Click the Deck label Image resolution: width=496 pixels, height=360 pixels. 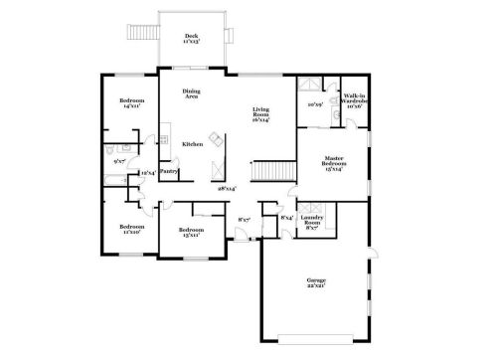(192, 40)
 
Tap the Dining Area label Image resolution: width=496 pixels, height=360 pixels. (192, 95)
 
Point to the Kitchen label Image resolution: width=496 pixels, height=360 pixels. (193, 144)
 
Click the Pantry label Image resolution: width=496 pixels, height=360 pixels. (169, 170)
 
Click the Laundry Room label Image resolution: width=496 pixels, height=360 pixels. (311, 224)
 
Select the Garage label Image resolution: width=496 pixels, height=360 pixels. (316, 283)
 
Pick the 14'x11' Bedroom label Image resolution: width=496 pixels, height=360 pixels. (132, 102)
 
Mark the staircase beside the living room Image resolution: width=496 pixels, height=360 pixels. (265, 172)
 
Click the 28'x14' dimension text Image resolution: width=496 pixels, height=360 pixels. (228, 186)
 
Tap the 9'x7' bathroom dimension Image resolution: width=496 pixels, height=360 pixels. (119, 159)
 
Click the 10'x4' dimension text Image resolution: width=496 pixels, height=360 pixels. (147, 173)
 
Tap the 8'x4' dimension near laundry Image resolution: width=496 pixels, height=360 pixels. (286, 217)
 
